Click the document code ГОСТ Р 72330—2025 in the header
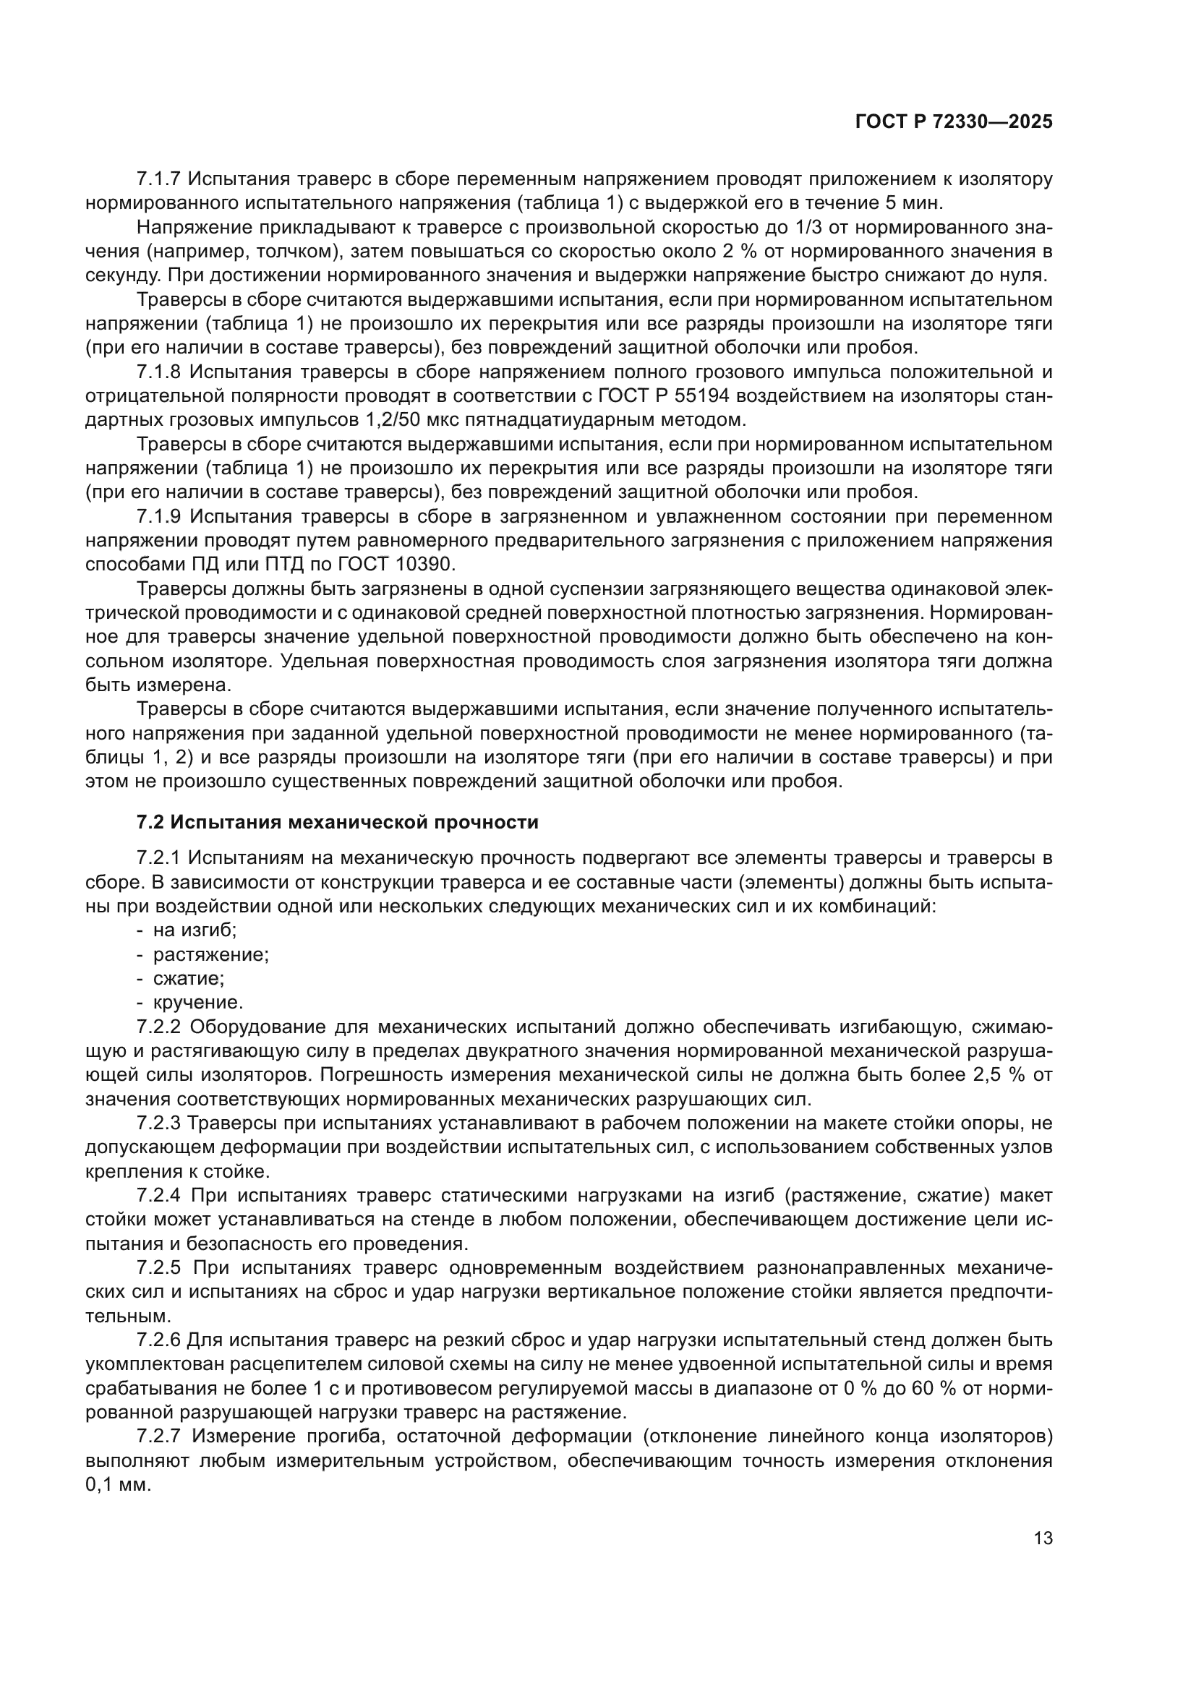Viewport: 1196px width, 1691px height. pos(954,122)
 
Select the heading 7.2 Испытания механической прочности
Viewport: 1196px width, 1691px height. pos(337,823)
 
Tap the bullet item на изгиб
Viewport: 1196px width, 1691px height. pos(195,930)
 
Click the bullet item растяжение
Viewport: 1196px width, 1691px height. pos(210,954)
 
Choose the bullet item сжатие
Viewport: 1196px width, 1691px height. pos(189,979)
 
